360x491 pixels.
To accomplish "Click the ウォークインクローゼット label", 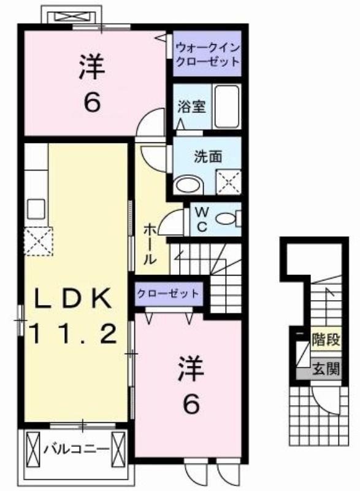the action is (x=207, y=55).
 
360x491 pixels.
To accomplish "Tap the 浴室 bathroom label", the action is (x=192, y=106).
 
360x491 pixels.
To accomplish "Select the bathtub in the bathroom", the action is (x=227, y=106).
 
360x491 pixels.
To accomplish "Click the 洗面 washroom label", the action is (x=208, y=157).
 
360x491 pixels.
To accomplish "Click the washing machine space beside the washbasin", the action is (x=229, y=182).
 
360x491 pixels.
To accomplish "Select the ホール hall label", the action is (x=150, y=244).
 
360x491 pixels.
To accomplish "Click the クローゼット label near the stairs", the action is (x=168, y=293).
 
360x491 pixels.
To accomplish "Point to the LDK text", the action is (x=73, y=298).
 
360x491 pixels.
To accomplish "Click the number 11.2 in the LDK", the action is (x=74, y=333).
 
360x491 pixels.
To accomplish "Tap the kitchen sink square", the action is (x=36, y=209).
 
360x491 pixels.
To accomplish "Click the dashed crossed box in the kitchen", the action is (x=38, y=241).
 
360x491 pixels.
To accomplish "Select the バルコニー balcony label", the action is (x=76, y=449).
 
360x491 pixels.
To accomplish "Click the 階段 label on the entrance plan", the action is (x=326, y=339).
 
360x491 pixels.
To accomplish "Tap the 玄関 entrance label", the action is (x=326, y=369).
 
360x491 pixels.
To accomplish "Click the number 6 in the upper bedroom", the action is (x=92, y=102).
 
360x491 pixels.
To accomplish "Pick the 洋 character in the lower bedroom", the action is (x=191, y=369).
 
